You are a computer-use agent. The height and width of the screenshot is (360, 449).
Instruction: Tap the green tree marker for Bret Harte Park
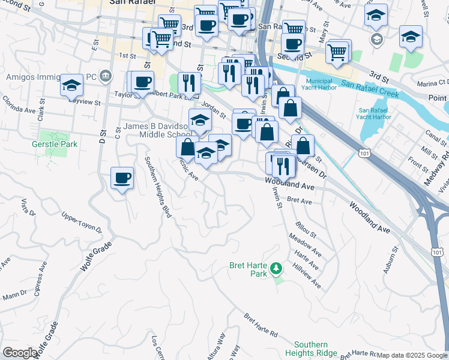pyautogui.click(x=276, y=268)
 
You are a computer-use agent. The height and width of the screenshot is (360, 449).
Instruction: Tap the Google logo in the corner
pyautogui.click(x=20, y=353)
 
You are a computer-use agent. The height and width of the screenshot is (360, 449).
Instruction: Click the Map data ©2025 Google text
pyautogui.click(x=412, y=355)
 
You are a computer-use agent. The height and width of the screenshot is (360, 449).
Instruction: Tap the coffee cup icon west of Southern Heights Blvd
pyautogui.click(x=122, y=178)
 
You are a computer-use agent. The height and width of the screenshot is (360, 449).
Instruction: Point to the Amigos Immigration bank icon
pyautogui.click(x=106, y=76)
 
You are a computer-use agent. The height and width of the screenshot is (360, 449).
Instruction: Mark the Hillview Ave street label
pyautogui.click(x=306, y=277)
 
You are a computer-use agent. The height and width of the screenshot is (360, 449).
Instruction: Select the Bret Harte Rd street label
pyautogui.click(x=261, y=325)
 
